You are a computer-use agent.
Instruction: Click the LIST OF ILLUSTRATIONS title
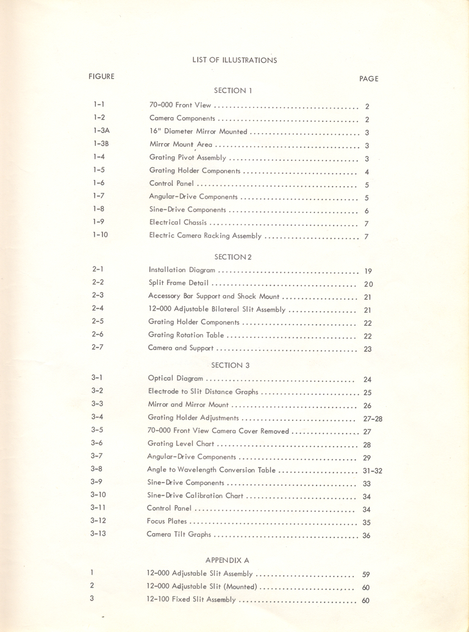234,60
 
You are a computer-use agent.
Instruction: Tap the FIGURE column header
101,76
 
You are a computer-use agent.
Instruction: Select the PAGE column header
369,79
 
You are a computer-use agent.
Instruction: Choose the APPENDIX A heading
227,559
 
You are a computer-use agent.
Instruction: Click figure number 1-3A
101,131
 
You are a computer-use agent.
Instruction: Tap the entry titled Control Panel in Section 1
172,184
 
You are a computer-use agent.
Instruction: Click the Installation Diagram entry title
182,270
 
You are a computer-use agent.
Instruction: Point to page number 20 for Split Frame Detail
368,284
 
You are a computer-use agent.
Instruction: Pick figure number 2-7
98,347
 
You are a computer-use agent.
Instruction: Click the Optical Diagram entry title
176,379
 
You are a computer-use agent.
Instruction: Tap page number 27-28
372,418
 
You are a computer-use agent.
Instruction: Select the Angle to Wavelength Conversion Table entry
212,470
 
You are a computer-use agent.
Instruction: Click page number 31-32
372,470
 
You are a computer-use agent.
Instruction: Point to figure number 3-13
98,534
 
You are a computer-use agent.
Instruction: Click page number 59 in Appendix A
366,575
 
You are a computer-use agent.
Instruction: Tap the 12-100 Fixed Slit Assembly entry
191,600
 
